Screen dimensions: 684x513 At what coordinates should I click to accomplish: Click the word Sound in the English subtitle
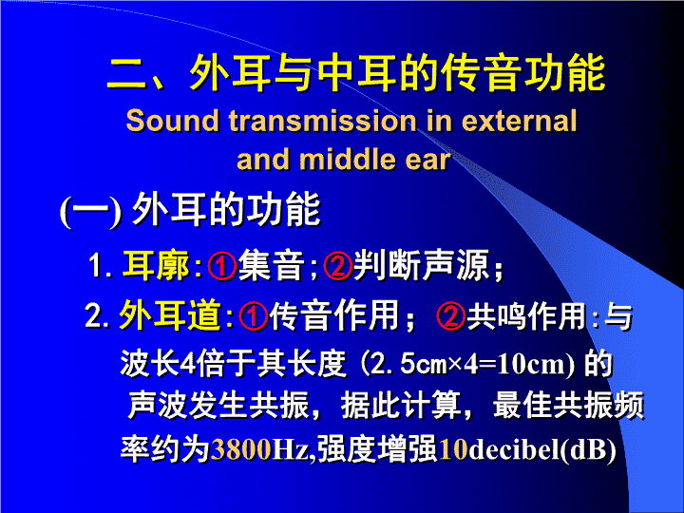tap(172, 121)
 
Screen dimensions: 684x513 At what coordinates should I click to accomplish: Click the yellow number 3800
tap(241, 449)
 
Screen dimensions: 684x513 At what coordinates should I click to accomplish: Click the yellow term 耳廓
tap(156, 265)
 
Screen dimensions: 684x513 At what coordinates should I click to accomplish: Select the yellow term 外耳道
tap(170, 314)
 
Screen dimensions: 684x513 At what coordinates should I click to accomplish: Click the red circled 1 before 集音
tap(222, 266)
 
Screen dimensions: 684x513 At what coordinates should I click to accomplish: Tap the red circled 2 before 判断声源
tap(337, 266)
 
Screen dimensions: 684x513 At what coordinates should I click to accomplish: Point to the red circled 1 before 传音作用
tap(254, 315)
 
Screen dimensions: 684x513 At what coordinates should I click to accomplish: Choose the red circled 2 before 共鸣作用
tap(451, 315)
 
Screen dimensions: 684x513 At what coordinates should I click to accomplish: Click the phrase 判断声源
tap(421, 265)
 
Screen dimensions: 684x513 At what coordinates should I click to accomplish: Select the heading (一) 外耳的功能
tap(190, 210)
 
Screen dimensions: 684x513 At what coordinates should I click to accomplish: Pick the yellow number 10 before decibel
tap(453, 449)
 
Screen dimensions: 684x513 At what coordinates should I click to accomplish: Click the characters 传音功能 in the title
tap(522, 73)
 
